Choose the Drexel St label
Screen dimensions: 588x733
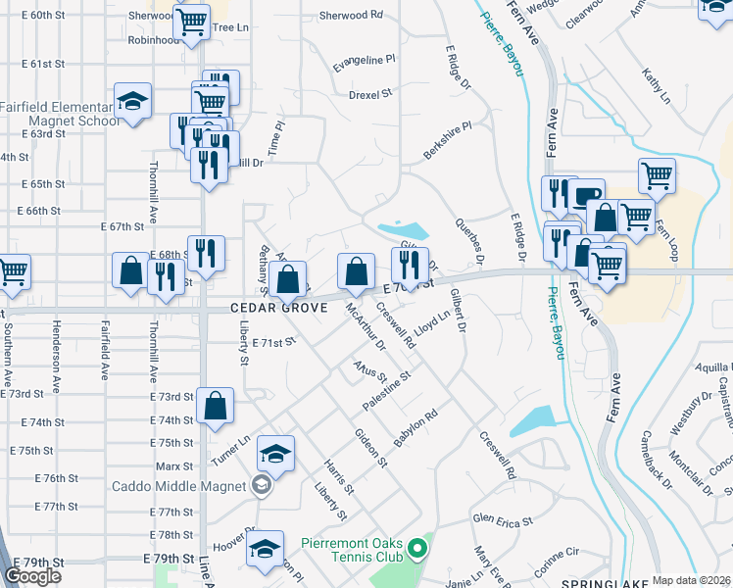[370, 95]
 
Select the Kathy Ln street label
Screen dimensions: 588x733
[656, 86]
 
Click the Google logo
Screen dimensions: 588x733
[32, 576]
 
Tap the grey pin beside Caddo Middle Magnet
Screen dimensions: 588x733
[261, 484]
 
